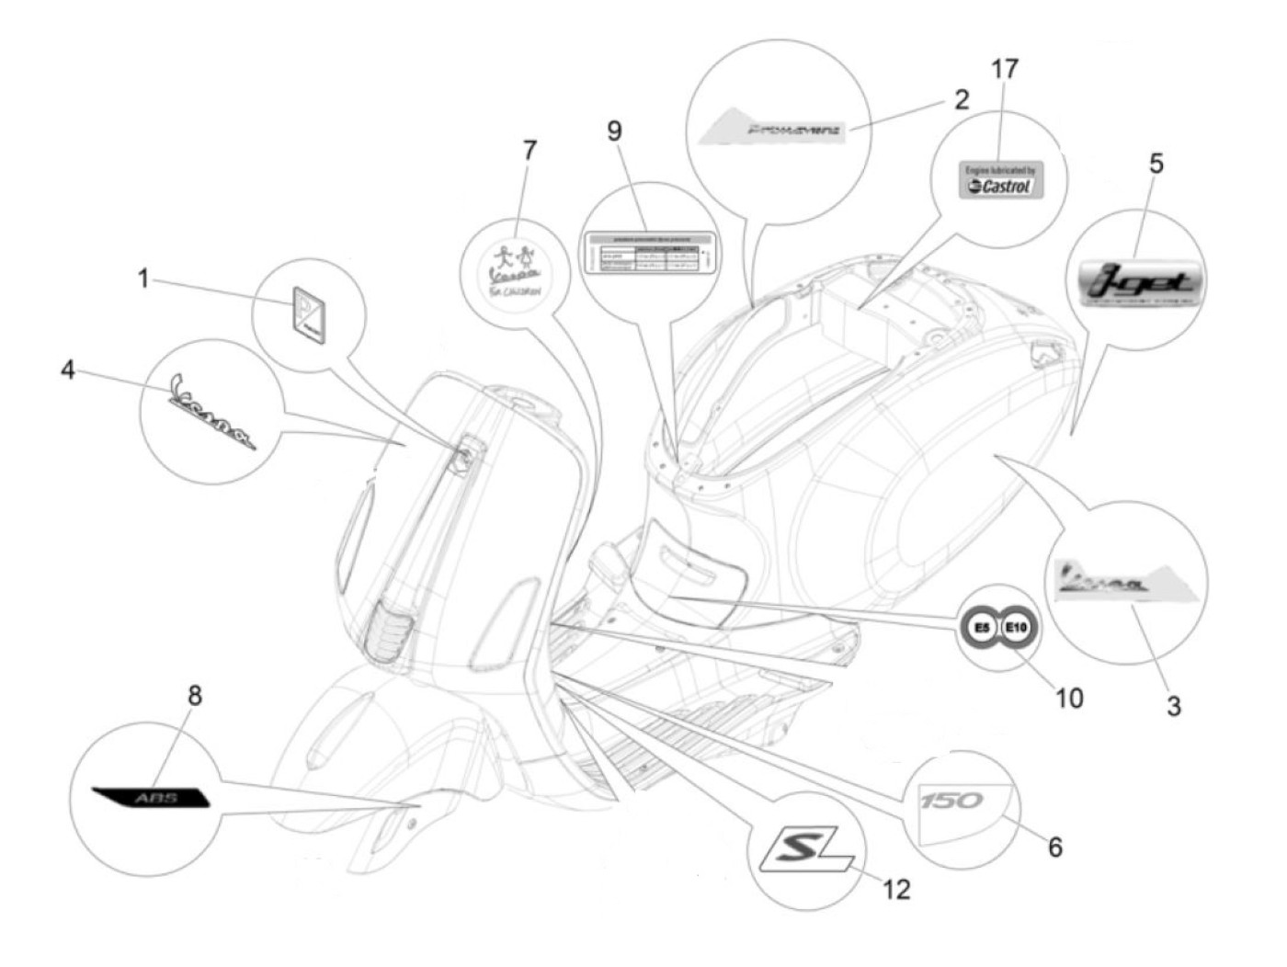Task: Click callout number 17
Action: click(x=1005, y=69)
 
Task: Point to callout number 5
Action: click(x=1156, y=164)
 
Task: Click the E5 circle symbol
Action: click(x=981, y=628)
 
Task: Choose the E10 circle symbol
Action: click(x=1016, y=628)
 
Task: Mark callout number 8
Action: click(x=194, y=696)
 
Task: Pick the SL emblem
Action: click(x=803, y=848)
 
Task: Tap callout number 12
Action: click(x=896, y=889)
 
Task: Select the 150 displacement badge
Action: click(x=951, y=801)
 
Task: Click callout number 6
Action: click(x=1055, y=847)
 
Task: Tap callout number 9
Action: click(x=614, y=131)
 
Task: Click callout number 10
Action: click(x=1069, y=699)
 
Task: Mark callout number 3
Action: click(x=1173, y=706)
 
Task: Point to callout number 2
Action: click(x=962, y=99)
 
